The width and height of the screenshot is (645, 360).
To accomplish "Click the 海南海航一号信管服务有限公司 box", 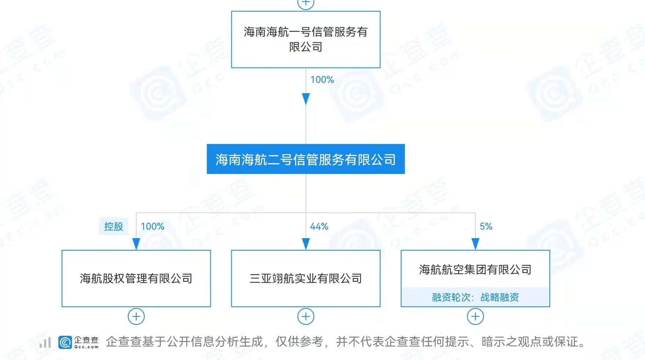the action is tap(305, 39).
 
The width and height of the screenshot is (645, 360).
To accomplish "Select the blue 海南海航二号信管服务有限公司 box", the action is tap(305, 159).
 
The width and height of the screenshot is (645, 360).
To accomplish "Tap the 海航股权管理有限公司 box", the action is tap(136, 279).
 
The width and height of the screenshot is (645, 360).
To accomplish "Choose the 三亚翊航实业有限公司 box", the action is tap(305, 279).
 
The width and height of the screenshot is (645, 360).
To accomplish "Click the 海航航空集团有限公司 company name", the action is tap(475, 270).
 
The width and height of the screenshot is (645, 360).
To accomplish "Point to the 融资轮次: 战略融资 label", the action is tap(475, 297).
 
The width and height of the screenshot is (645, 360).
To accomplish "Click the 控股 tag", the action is tap(113, 226).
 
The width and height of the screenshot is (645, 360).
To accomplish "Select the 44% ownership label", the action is tap(319, 226).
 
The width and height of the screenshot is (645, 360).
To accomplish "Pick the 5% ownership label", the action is tap(486, 226).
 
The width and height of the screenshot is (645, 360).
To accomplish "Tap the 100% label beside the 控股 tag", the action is tap(152, 226).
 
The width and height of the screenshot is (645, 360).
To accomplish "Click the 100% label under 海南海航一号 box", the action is tap(322, 80).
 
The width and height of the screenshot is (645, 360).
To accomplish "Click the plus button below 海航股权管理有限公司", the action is tap(136, 316).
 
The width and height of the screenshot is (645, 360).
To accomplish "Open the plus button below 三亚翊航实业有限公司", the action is tap(305, 316).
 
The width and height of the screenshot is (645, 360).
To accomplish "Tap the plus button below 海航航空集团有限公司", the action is tap(475, 316).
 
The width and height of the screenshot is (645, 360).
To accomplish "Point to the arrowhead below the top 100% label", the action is tap(305, 98).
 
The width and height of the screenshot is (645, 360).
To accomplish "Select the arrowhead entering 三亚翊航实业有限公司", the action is tap(305, 244).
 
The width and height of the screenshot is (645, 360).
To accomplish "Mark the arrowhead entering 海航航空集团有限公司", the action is tap(475, 244).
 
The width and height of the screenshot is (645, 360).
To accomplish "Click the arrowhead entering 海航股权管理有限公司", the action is tap(136, 244).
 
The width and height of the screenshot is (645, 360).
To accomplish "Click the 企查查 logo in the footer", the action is tap(78, 342).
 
